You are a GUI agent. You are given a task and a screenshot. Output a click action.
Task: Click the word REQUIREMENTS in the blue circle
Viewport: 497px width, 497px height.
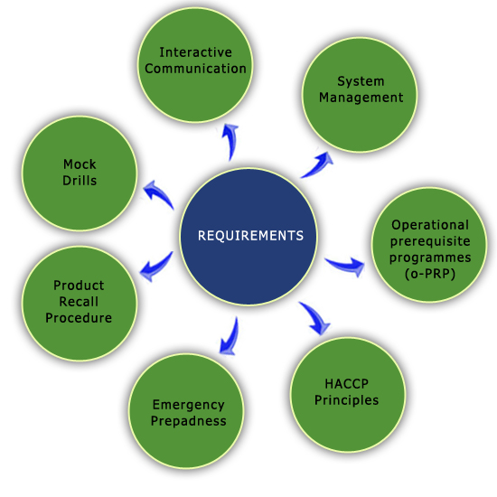(250, 236)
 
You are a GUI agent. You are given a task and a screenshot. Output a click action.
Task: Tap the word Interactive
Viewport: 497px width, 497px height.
(195, 52)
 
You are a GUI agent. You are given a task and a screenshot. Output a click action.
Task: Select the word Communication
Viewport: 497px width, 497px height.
(195, 69)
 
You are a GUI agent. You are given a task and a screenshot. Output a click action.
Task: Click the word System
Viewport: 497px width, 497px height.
(361, 82)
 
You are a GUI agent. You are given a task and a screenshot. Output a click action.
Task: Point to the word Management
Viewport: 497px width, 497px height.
(361, 98)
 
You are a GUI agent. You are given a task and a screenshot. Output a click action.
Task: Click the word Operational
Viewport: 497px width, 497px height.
(430, 225)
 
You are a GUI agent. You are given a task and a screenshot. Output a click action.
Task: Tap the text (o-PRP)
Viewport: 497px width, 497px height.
(430, 274)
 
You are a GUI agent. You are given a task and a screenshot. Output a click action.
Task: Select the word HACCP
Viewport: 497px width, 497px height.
(346, 384)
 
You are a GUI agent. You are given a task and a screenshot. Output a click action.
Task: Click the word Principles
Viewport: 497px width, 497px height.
(346, 400)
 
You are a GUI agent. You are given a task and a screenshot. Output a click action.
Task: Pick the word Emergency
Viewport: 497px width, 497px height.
(189, 406)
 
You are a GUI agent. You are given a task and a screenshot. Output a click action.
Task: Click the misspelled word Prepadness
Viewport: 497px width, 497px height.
(189, 421)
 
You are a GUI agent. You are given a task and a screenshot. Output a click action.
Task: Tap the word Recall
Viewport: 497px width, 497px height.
(79, 302)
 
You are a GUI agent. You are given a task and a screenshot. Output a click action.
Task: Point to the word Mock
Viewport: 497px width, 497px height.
(80, 164)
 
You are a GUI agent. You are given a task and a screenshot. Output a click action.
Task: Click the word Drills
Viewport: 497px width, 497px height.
(80, 181)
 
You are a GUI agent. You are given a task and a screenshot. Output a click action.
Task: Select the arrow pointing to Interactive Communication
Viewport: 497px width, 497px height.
(230, 141)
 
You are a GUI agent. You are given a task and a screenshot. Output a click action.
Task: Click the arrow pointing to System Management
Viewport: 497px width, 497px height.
(317, 164)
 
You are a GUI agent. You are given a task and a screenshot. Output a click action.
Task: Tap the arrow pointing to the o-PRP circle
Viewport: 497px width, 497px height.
(345, 266)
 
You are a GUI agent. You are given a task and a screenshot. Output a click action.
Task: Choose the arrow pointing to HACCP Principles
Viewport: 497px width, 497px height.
(315, 317)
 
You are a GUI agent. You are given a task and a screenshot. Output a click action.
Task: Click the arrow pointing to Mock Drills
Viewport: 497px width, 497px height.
(158, 194)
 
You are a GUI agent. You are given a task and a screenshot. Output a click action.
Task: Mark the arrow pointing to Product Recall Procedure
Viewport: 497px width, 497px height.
(156, 267)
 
